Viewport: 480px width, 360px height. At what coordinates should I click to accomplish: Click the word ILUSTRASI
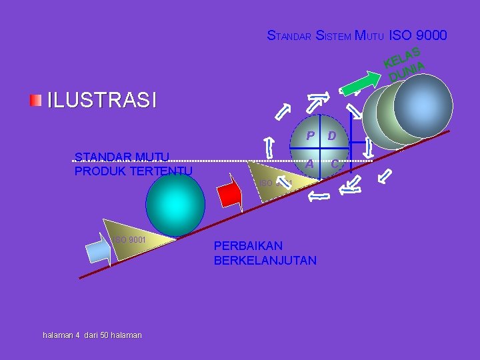(101, 101)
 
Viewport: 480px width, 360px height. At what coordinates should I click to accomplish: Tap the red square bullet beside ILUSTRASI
(35, 100)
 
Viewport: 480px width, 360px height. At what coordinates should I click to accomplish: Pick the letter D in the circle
(331, 137)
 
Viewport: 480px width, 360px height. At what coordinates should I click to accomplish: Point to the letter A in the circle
(310, 164)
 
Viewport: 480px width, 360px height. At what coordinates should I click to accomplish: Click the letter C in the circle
(335, 164)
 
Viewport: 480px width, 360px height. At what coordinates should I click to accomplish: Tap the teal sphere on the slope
(176, 204)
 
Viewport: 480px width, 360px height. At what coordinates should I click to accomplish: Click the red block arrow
(229, 193)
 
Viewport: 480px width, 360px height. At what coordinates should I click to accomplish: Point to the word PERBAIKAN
(248, 245)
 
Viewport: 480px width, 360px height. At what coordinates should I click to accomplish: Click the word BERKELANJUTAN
(265, 260)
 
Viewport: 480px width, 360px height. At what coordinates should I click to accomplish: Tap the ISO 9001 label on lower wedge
(129, 239)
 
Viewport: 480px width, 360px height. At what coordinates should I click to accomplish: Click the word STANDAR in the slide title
(289, 36)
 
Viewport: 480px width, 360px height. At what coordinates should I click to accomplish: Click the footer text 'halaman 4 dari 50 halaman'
(92, 335)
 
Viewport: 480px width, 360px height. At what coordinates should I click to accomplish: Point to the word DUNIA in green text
(407, 71)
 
